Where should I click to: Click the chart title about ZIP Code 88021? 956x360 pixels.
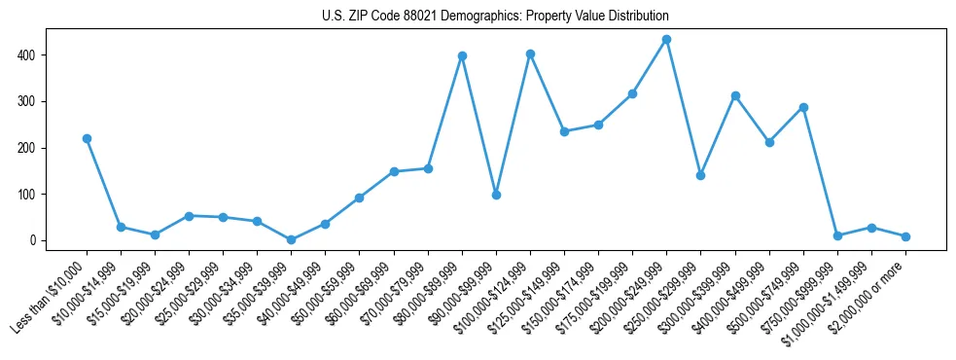495,17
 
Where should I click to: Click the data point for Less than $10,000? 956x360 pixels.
87,138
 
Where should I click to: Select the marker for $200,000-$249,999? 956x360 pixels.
666,40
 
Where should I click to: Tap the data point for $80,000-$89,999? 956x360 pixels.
462,55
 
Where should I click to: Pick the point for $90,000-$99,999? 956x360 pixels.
496,195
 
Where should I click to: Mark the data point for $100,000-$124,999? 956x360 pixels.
530,54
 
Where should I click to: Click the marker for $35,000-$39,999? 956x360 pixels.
291,239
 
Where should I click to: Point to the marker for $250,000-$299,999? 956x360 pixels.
700,175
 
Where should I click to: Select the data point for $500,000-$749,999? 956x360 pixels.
803,107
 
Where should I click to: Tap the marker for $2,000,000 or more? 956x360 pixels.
905,236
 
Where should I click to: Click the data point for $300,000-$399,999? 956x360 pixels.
735,95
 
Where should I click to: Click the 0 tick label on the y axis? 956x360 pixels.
32,240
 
